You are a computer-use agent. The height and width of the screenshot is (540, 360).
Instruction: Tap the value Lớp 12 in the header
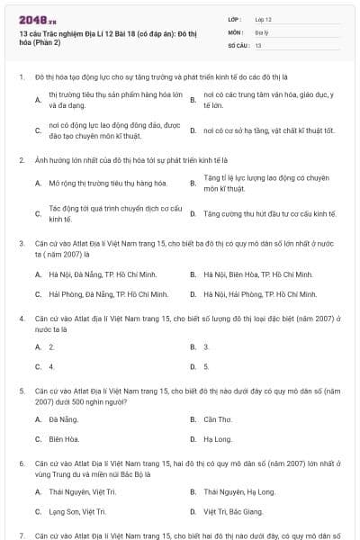click(263, 19)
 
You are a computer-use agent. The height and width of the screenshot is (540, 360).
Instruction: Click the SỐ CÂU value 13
click(258, 44)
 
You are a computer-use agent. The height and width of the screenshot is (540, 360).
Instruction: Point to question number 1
click(21, 78)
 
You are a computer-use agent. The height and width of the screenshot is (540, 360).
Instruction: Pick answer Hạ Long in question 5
click(218, 439)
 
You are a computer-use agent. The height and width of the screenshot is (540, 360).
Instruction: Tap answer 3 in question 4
click(206, 346)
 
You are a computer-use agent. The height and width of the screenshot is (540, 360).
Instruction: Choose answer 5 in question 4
click(206, 366)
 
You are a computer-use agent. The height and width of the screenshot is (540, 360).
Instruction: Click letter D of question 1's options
click(193, 130)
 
